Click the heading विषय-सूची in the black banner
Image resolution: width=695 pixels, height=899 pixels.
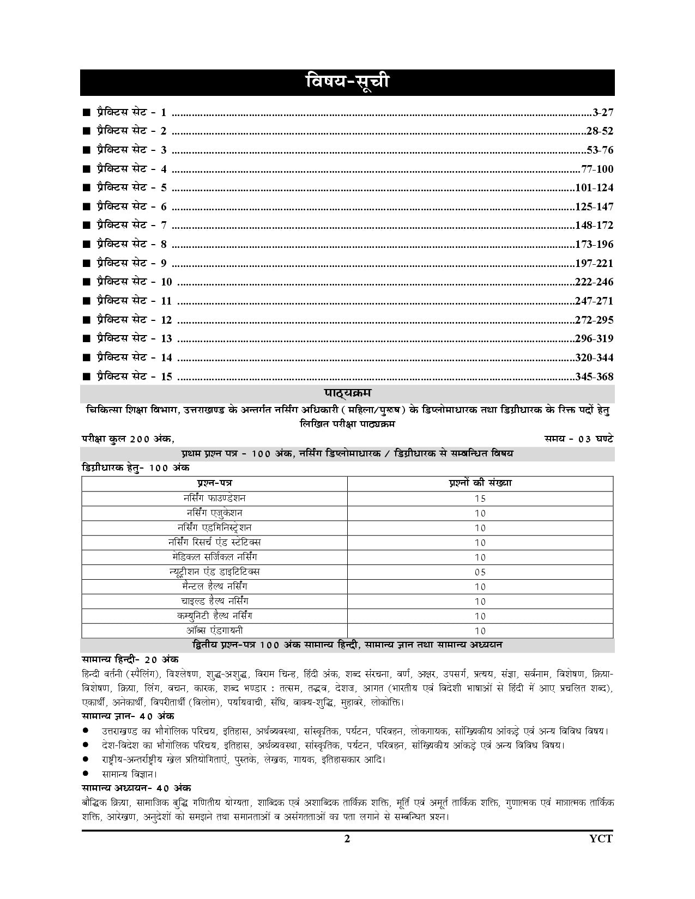pyautogui.click(x=347, y=83)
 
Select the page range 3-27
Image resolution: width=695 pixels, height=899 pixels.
pyautogui.click(x=603, y=113)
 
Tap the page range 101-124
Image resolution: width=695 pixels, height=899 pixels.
pyautogui.click(x=594, y=188)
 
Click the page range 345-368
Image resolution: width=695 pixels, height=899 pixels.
pyautogui.click(x=594, y=376)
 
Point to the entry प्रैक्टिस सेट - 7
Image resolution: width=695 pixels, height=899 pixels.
pyautogui.click(x=131, y=225)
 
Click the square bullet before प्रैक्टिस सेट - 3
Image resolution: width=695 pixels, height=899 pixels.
pyautogui.click(x=86, y=150)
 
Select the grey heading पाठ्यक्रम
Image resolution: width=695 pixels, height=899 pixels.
pyautogui.click(x=347, y=393)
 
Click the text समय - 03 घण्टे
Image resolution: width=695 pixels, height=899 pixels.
pyautogui.click(x=579, y=438)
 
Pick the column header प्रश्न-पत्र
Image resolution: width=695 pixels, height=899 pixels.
pyautogui.click(x=214, y=483)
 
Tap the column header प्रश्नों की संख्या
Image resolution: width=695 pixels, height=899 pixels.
pyautogui.click(x=480, y=483)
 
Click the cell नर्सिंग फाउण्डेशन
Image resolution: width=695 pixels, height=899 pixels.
pyautogui.click(x=214, y=498)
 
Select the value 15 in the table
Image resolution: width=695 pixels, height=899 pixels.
pyautogui.click(x=480, y=499)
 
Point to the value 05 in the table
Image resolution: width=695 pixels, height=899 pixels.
pyautogui.click(x=480, y=572)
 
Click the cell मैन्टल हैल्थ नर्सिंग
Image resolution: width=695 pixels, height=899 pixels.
pyautogui.click(x=214, y=586)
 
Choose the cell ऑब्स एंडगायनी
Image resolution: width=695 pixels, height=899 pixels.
pyautogui.click(x=214, y=630)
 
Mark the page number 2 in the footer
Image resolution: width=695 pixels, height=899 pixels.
pyautogui.click(x=347, y=839)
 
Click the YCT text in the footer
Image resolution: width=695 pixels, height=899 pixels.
pyautogui.click(x=601, y=839)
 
